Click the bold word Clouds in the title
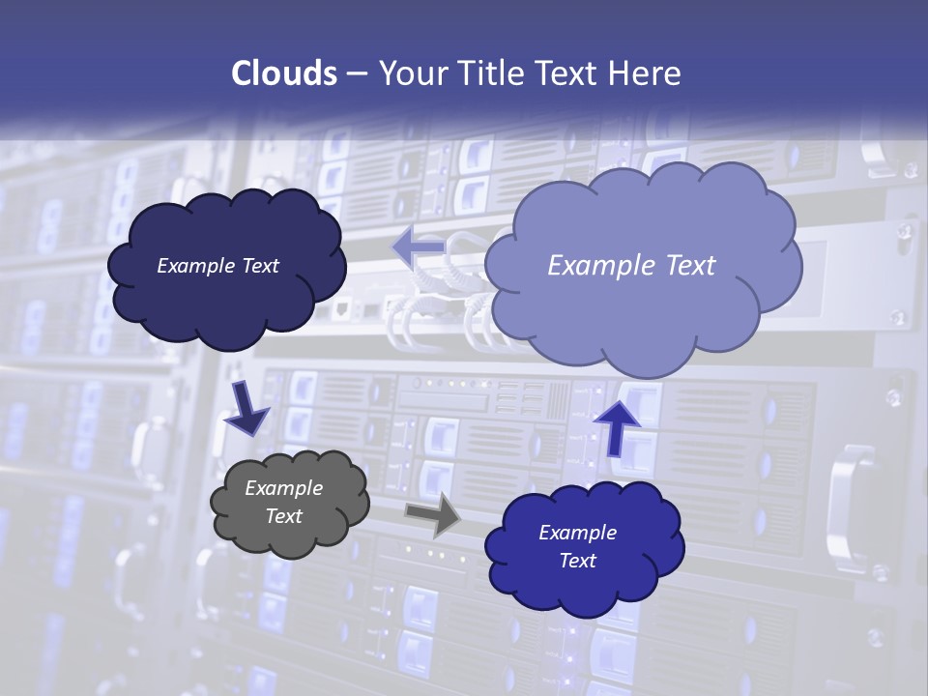(282, 73)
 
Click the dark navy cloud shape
(226, 300)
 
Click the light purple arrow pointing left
(418, 247)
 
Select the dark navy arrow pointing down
(247, 408)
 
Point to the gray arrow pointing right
(432, 514)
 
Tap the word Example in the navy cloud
(194, 266)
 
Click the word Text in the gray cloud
(284, 516)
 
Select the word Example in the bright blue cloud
(577, 533)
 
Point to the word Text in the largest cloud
(684, 265)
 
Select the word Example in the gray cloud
(284, 488)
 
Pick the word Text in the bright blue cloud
(577, 561)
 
